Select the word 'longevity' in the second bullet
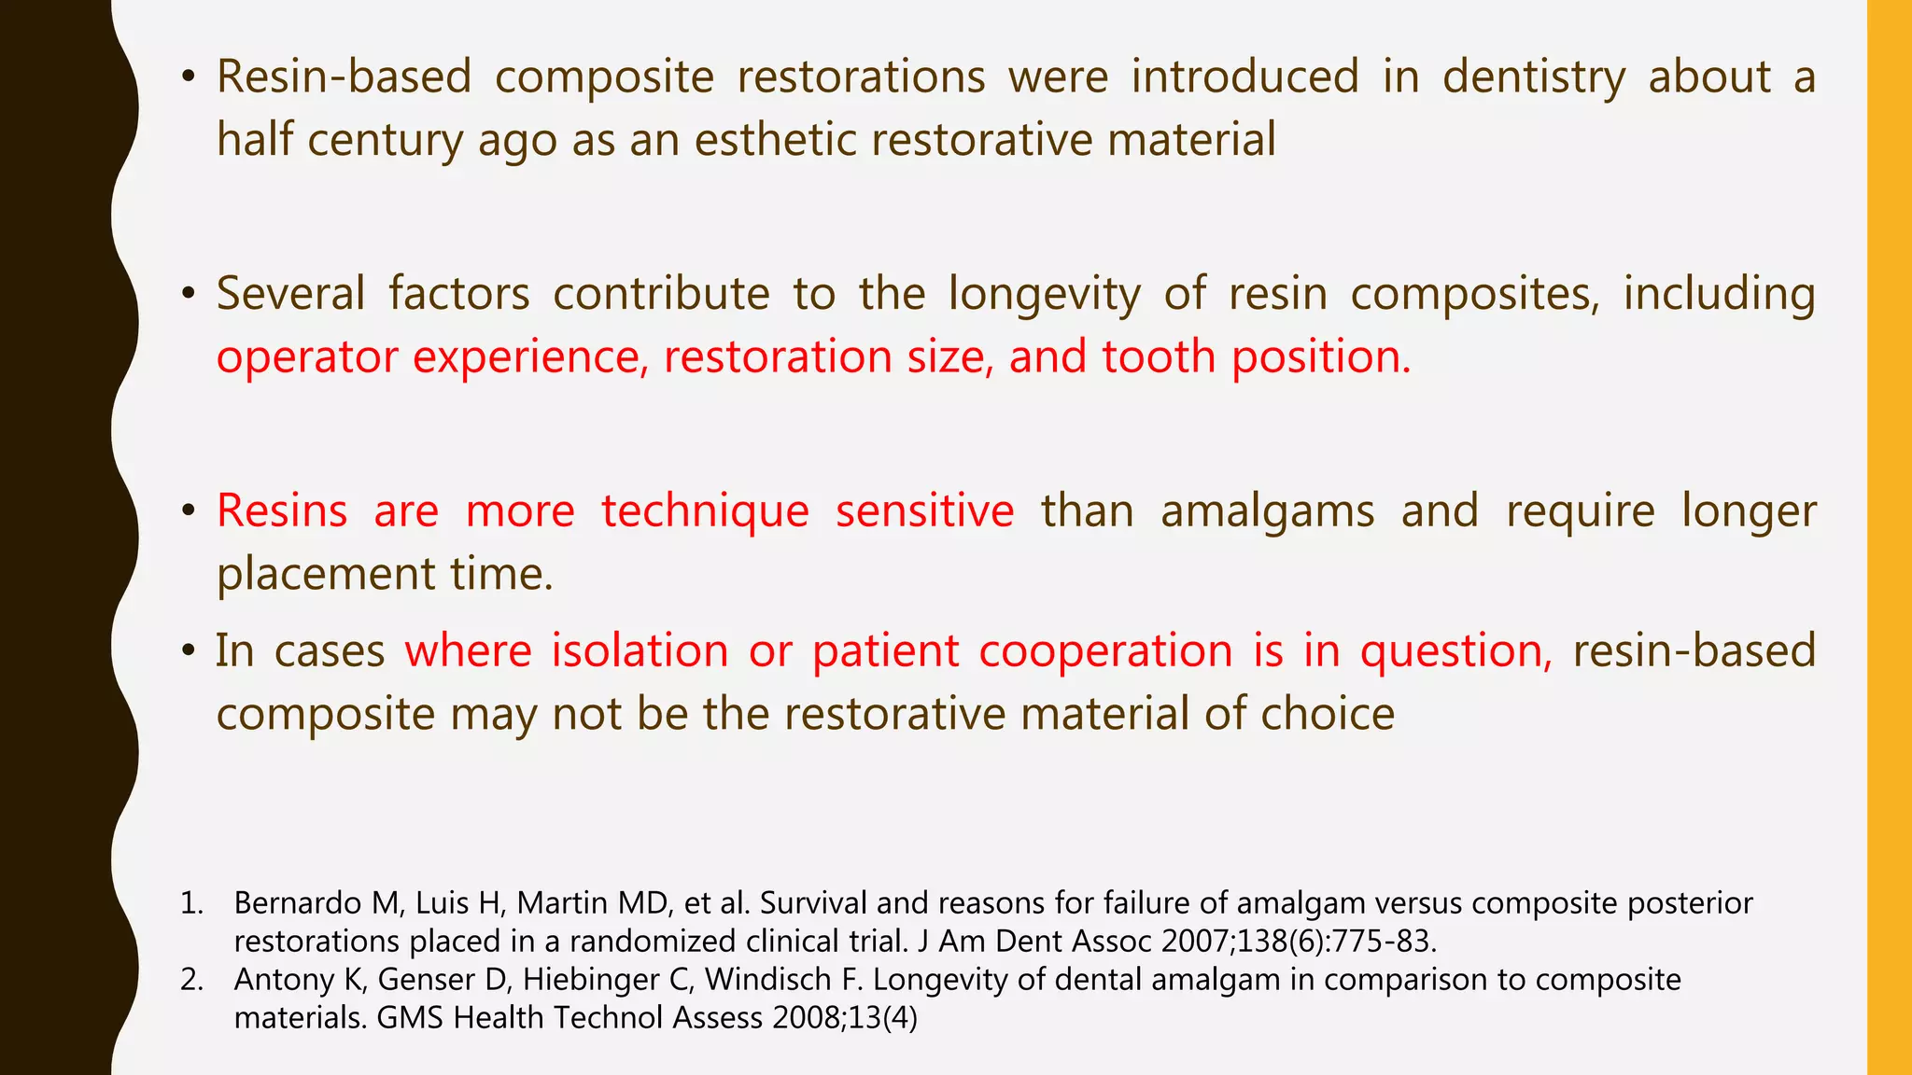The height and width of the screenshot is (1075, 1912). (1044, 294)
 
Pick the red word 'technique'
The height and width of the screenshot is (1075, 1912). (705, 511)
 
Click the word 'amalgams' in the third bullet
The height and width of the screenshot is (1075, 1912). (1267, 511)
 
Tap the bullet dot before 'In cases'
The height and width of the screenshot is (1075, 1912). (189, 652)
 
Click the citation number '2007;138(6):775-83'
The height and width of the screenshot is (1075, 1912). (1298, 942)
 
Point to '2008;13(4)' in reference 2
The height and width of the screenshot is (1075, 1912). (845, 1018)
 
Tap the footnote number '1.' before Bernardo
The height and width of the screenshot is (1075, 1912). (191, 903)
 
